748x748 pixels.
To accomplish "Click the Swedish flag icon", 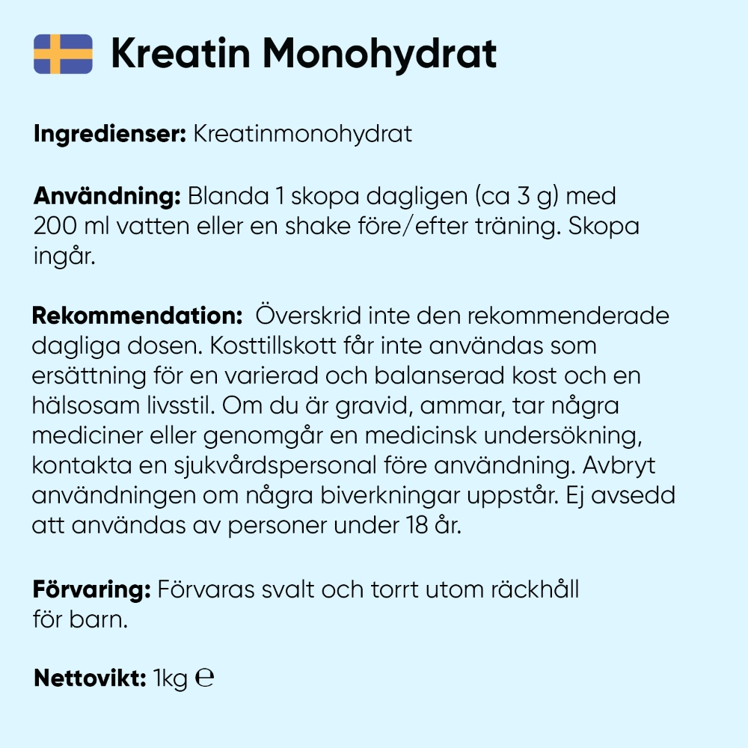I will coord(63,54).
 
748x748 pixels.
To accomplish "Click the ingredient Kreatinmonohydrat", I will coord(302,135).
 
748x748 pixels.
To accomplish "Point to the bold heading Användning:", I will coord(107,197).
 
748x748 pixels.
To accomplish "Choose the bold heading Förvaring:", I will coord(92,589).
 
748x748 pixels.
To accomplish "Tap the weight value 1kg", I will coord(170,679).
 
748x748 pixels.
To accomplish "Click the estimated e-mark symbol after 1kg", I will coord(204,678).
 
